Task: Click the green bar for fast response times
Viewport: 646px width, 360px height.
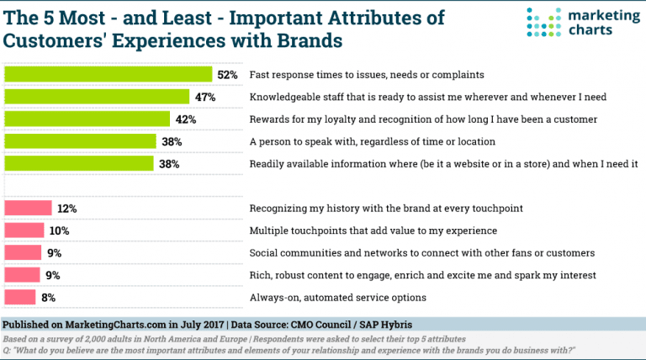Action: click(x=108, y=75)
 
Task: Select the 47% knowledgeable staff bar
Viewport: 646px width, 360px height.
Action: click(x=97, y=97)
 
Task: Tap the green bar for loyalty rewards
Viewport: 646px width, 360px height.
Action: click(x=87, y=119)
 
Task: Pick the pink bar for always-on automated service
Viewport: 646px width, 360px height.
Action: click(x=20, y=296)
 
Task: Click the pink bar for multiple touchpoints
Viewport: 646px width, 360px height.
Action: click(x=24, y=230)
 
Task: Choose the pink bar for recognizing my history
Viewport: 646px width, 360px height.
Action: click(x=29, y=208)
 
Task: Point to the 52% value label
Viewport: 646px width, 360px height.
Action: click(x=227, y=75)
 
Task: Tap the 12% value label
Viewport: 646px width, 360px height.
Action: click(x=67, y=208)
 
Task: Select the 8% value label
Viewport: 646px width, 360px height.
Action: click(x=49, y=297)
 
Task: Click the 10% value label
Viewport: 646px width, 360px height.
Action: click(x=59, y=230)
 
